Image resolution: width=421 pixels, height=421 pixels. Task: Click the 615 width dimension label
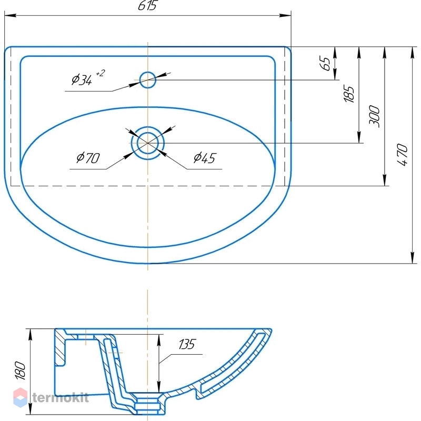(147, 5)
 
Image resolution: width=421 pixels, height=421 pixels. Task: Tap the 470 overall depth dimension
(402, 155)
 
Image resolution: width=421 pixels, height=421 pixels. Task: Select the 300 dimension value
(375, 116)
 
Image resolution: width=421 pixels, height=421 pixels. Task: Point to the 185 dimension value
(349, 94)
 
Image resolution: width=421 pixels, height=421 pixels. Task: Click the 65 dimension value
(325, 64)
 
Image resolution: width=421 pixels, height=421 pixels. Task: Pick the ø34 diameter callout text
(82, 80)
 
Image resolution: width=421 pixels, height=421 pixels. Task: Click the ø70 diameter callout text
(88, 158)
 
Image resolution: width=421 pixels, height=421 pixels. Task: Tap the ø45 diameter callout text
(205, 158)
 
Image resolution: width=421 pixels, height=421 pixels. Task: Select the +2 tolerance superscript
(101, 73)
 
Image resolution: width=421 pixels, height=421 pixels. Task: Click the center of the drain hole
(148, 143)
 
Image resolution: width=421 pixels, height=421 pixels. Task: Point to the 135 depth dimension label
(187, 344)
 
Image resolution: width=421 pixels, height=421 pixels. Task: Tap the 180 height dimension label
(21, 370)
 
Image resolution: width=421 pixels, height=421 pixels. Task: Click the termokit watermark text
(61, 397)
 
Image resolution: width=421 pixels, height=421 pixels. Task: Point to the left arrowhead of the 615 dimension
(10, 15)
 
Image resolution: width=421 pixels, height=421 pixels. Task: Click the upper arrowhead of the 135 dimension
(159, 340)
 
